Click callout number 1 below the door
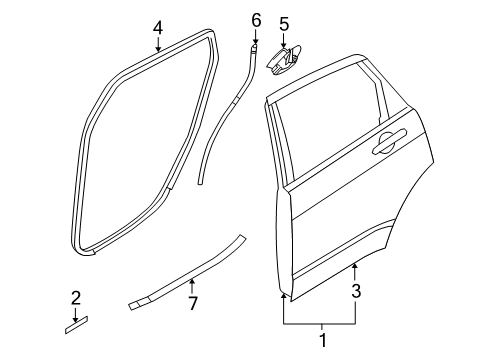coord(321,341)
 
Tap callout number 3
coord(356,292)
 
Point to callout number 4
coord(157,28)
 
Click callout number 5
coord(284,23)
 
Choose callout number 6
coord(255,19)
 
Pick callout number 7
coord(194,302)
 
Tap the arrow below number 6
coord(255,37)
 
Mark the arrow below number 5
coord(284,39)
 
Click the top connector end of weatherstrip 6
coord(255,50)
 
